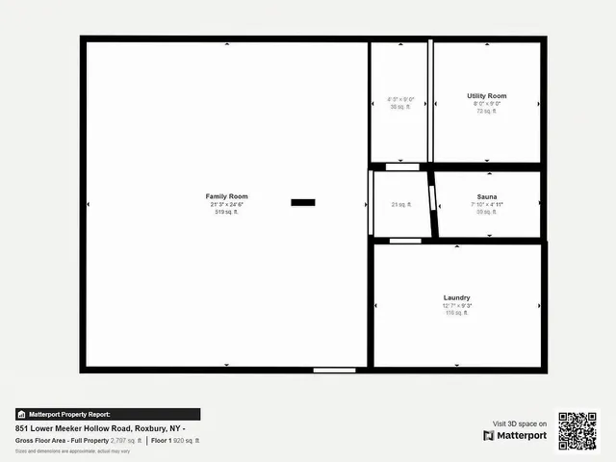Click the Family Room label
pos(226,196)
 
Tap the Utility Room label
pos(486,96)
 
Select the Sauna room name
pos(487,196)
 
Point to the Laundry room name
pos(456,297)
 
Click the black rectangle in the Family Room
pos(303,202)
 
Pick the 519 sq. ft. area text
pos(226,212)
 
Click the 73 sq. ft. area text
pos(486,111)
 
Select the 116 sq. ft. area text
pos(456,313)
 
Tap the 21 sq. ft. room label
pos(401,204)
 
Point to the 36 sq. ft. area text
pos(399,107)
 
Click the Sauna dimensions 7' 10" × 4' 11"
pos(487,204)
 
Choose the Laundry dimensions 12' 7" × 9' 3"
pos(456,305)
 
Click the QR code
pos(577,430)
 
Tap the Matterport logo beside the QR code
pos(515,435)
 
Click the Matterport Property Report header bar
pos(108,414)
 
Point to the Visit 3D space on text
pos(520,423)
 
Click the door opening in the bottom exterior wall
pos(334,370)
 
